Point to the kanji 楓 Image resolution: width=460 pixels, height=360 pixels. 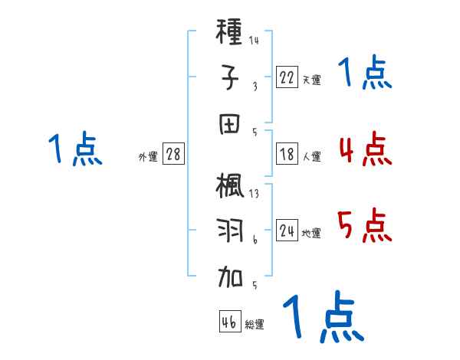pos(230,188)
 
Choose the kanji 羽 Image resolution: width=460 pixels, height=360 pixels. pos(230,232)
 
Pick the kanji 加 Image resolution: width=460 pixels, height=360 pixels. pos(230,278)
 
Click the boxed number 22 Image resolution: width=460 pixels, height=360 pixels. pos(287,77)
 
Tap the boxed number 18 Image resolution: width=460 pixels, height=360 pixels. pos(287,155)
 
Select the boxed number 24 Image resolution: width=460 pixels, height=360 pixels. pos(287,231)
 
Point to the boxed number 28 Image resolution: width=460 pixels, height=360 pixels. pos(173,155)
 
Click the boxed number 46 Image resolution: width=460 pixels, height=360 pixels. pos(229,322)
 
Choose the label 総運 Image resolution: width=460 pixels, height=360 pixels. pos(255,324)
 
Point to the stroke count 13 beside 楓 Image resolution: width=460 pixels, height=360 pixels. pos(254,193)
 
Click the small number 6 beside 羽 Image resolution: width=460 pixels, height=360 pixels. pos(255,239)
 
